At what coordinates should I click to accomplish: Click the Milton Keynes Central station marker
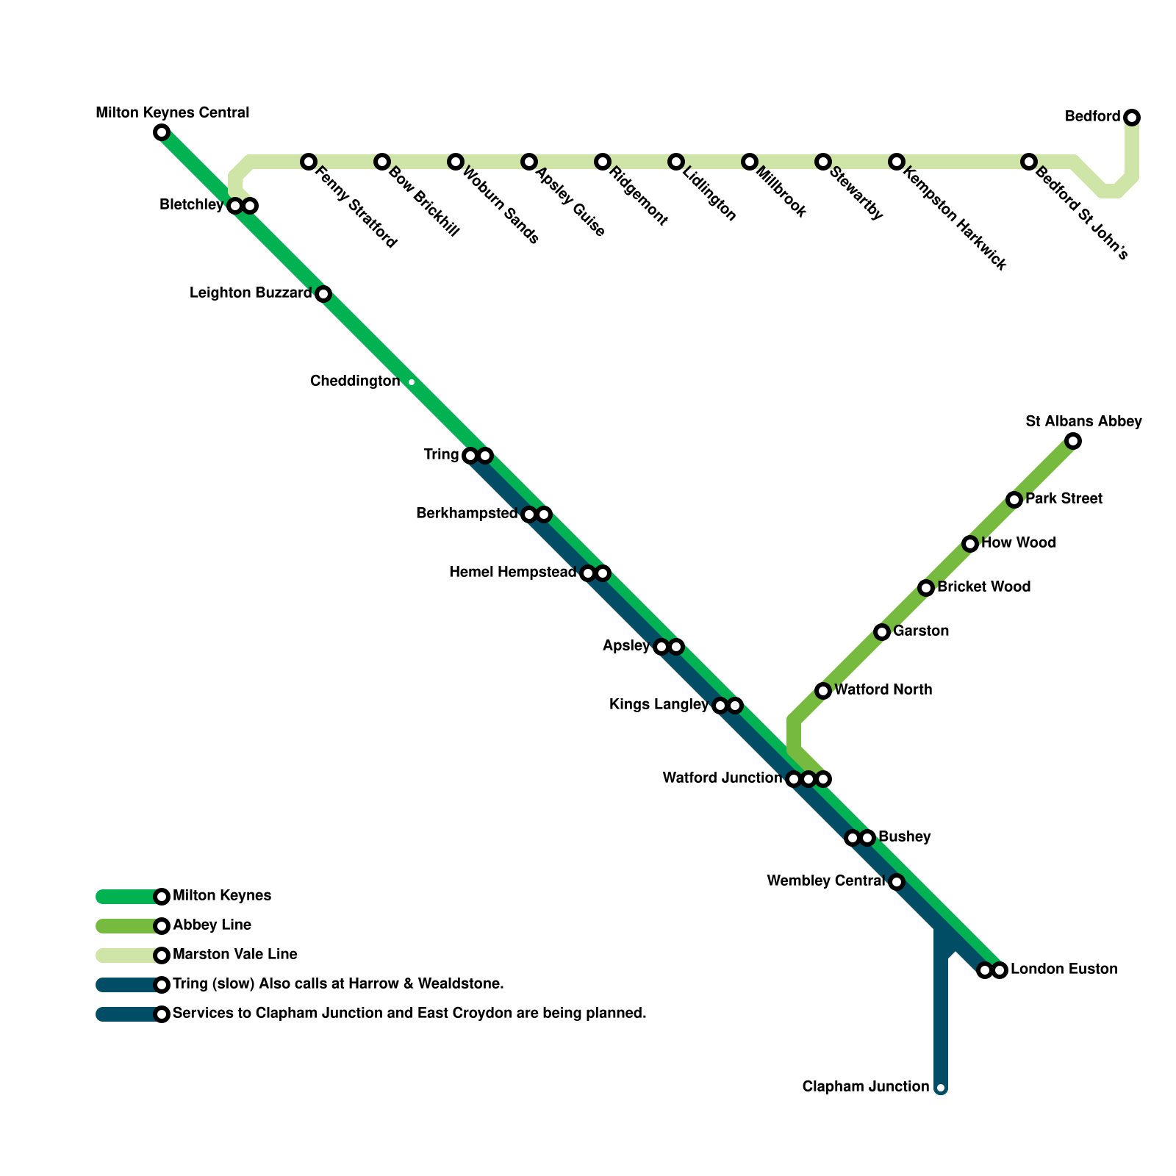[x=162, y=132]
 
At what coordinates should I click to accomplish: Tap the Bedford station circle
[x=1132, y=118]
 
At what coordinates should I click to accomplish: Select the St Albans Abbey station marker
[x=1073, y=441]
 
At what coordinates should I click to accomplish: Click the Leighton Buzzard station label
[x=251, y=293]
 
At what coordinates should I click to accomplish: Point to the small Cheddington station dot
[x=412, y=382]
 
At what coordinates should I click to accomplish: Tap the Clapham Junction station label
[x=866, y=1087]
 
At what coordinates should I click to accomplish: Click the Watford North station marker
[x=823, y=691]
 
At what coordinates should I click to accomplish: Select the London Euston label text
[x=1064, y=969]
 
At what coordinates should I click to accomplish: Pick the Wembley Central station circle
[x=897, y=882]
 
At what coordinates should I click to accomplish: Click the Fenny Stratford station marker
[x=309, y=162]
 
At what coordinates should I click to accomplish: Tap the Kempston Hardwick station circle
[x=897, y=162]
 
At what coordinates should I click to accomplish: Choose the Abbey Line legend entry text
[x=212, y=925]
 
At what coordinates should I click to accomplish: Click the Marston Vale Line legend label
[x=234, y=955]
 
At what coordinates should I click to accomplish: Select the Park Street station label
[x=1064, y=499]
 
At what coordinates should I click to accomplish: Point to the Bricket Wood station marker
[x=926, y=588]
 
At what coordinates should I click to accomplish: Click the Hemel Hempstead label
[x=512, y=573]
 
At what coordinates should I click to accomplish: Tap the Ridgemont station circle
[x=603, y=162]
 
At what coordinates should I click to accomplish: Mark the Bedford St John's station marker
[x=1029, y=162]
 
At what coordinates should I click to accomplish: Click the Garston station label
[x=921, y=631]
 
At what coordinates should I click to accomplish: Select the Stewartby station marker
[x=823, y=162]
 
